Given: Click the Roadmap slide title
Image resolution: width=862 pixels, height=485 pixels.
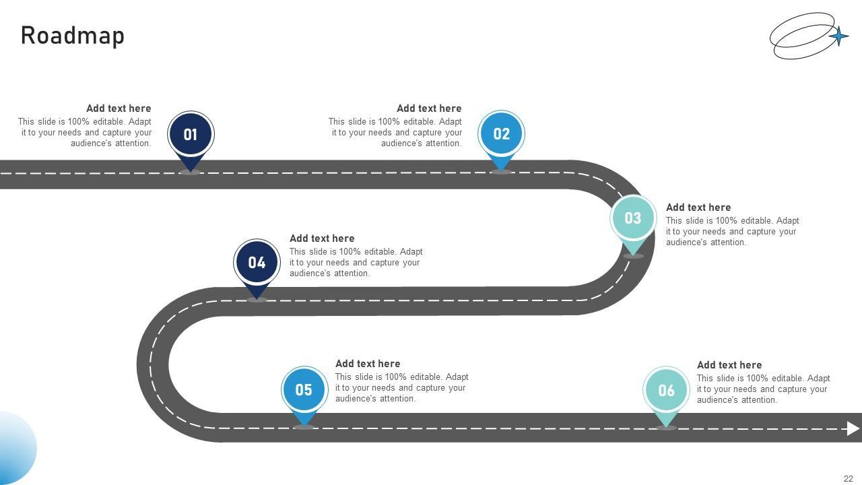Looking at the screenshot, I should (x=73, y=36).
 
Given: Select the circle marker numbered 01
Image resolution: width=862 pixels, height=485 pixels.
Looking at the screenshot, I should (x=191, y=134).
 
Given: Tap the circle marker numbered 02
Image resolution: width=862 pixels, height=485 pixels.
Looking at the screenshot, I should (x=502, y=133).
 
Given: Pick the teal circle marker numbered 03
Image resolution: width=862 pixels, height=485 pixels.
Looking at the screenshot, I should (x=633, y=218).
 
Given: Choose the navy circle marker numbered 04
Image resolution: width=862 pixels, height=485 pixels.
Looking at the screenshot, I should (x=257, y=262).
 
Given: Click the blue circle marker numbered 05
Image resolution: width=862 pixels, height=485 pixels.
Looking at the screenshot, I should (x=304, y=389).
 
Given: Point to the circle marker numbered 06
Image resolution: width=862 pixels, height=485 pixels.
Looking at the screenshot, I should (x=666, y=390).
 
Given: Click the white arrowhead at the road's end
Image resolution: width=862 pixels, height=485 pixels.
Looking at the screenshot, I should (x=853, y=428).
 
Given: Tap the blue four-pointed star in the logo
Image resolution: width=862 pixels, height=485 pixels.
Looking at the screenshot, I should (x=838, y=36).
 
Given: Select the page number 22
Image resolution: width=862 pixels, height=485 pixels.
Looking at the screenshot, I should (x=848, y=479).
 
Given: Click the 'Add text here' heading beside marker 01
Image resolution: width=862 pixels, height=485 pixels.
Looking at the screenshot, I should (x=119, y=108).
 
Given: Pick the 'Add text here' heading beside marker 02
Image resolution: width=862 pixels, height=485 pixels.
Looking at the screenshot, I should (x=429, y=108).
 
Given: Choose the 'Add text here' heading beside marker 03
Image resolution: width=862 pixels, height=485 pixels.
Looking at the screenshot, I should (x=698, y=207).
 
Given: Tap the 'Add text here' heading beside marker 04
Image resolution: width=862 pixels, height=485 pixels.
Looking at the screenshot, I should (x=322, y=238).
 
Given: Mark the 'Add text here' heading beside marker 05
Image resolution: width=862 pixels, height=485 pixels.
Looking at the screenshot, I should (x=368, y=364).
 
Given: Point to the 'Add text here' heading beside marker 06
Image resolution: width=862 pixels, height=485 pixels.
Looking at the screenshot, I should (x=729, y=365).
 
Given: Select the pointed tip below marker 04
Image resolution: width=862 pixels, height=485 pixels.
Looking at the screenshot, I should (x=257, y=294).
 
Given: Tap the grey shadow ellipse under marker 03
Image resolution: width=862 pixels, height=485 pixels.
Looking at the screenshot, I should (x=633, y=256).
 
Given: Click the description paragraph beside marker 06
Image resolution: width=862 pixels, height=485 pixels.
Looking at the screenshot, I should (x=763, y=389).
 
